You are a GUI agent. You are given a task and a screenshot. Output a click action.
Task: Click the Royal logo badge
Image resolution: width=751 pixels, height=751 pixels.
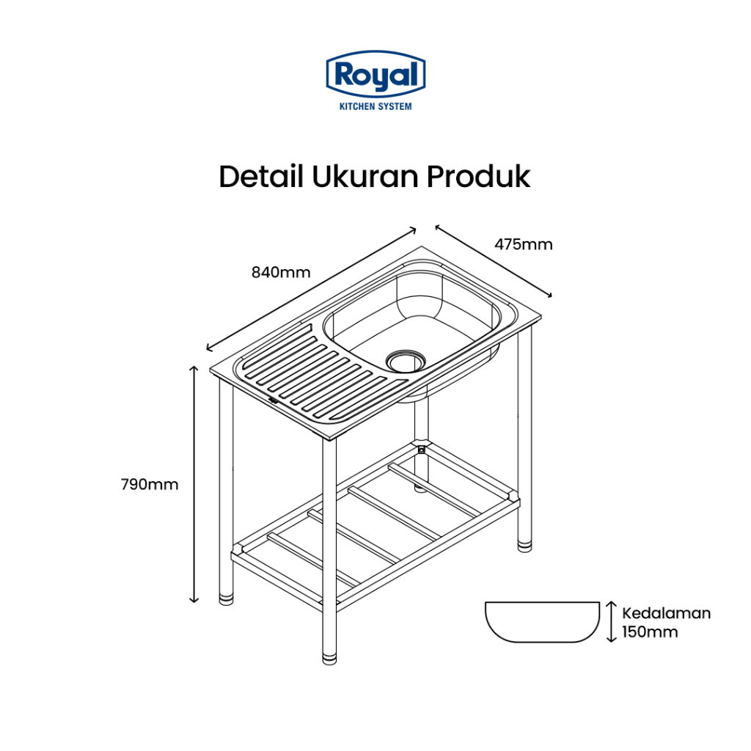375,74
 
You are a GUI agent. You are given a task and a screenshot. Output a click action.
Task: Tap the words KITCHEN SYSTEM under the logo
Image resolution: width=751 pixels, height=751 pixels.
375,106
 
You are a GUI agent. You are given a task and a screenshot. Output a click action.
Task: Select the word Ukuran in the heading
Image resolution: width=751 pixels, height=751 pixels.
356,177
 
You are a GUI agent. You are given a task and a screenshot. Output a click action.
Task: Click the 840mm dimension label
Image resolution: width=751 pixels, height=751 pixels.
281,273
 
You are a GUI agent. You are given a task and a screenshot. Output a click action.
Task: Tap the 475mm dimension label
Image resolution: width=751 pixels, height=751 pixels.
523,244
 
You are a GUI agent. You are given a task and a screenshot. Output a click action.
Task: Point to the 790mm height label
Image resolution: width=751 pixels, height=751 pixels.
149,484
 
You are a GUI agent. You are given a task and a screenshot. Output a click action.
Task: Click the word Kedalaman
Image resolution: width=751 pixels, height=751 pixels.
666,613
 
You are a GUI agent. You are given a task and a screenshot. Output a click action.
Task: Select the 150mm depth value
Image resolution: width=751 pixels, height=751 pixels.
650,631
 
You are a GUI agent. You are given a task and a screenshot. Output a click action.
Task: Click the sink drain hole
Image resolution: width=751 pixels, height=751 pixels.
406,359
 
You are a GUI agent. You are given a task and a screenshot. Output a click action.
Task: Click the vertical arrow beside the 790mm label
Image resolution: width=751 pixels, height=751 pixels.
194,484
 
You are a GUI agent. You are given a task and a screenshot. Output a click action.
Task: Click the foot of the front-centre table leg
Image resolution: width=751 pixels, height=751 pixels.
329,655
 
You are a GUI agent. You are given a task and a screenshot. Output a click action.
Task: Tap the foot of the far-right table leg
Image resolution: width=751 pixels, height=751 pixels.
525,545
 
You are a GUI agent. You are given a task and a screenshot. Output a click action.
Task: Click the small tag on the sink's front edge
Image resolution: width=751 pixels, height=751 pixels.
273,400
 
